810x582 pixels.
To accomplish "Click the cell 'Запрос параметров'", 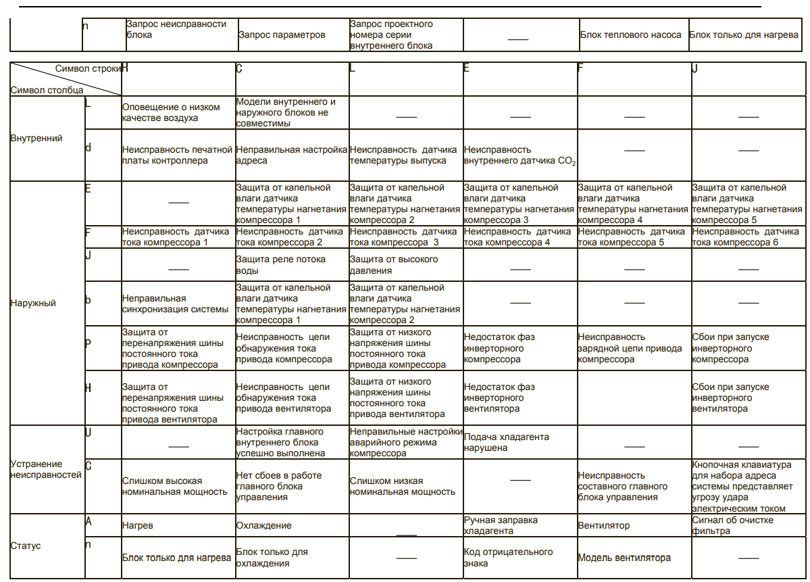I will (x=282, y=34).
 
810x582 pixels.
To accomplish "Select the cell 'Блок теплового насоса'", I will (x=630, y=34).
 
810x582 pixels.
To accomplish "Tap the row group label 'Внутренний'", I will (x=36, y=138).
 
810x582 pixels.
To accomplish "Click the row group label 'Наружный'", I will (x=33, y=303).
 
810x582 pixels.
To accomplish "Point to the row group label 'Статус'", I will (x=26, y=545).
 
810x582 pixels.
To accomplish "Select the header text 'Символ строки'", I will (x=87, y=68).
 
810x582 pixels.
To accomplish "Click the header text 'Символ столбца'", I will (x=47, y=89).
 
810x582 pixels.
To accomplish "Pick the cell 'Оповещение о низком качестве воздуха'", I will (x=171, y=112).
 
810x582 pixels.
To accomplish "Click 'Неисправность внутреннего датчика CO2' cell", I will (x=520, y=155).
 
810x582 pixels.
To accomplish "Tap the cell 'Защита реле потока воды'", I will (x=280, y=265).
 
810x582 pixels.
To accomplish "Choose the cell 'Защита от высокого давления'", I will (x=393, y=265).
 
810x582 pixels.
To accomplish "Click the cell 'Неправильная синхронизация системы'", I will (x=175, y=304).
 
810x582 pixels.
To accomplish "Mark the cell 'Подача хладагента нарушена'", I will (x=507, y=442).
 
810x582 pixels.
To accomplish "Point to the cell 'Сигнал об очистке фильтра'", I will (x=732, y=525).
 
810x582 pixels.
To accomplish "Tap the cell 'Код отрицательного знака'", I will (x=508, y=557).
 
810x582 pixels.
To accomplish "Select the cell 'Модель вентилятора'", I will (x=624, y=558).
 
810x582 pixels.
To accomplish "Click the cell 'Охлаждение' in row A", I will (x=263, y=525).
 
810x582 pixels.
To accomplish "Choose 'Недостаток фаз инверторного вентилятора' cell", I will (x=499, y=397).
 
